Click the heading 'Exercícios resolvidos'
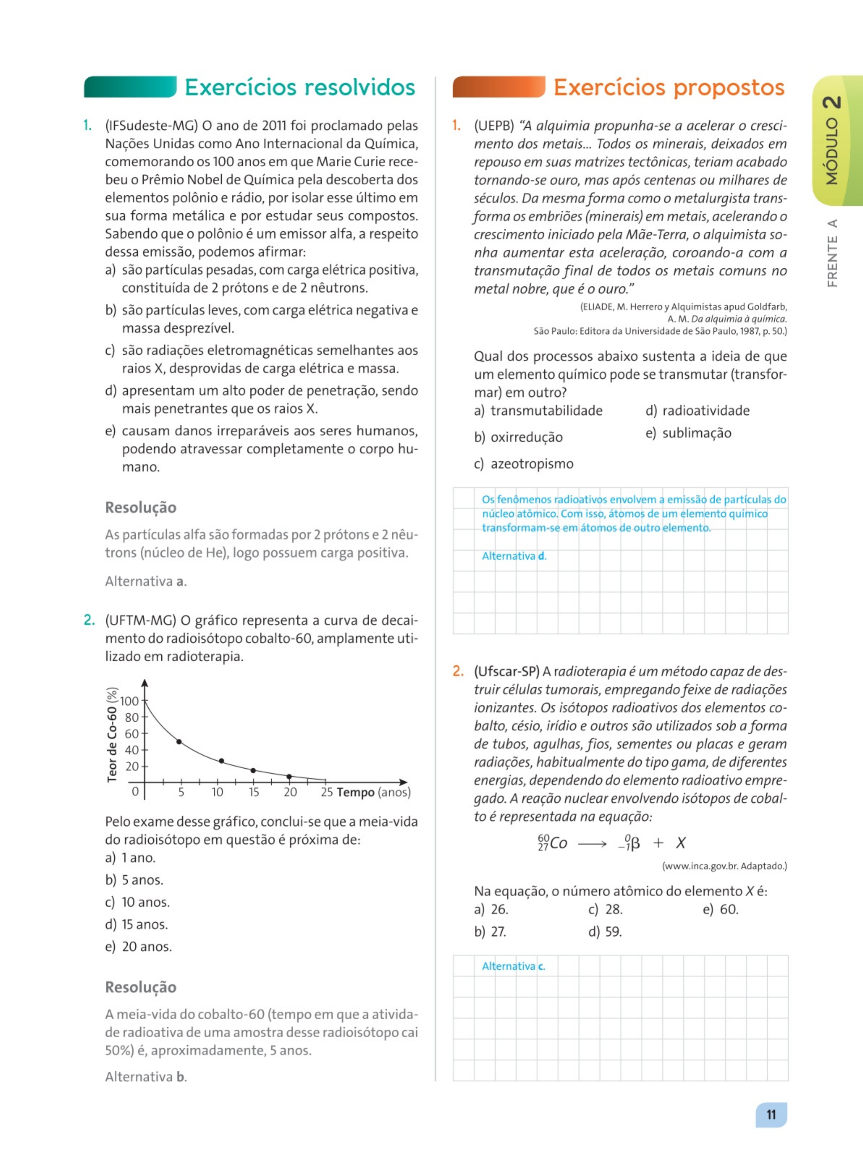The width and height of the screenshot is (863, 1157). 300,87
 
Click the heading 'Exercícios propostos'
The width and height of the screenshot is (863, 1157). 669,87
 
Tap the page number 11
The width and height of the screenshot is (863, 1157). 771,1114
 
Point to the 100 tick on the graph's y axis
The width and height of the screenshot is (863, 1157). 129,701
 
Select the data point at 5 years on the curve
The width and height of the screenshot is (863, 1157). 179,742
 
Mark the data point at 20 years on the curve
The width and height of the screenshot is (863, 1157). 289,776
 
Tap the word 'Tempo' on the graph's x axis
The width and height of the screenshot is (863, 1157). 355,792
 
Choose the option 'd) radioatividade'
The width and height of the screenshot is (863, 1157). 697,411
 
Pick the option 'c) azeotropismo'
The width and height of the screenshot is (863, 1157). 523,464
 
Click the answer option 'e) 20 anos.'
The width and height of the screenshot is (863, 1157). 139,946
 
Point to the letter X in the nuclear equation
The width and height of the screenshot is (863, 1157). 681,843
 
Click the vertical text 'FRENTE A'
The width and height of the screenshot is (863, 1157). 832,253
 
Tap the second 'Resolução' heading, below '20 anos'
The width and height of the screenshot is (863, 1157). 141,987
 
